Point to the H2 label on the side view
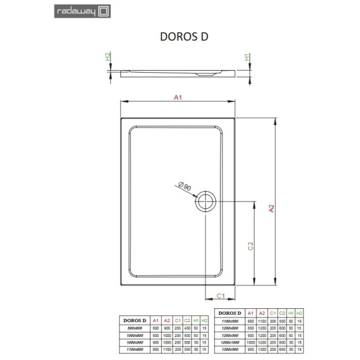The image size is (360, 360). tap(108, 58)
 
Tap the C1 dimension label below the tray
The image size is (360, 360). tap(221, 295)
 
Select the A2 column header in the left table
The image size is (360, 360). tap(166, 319)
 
